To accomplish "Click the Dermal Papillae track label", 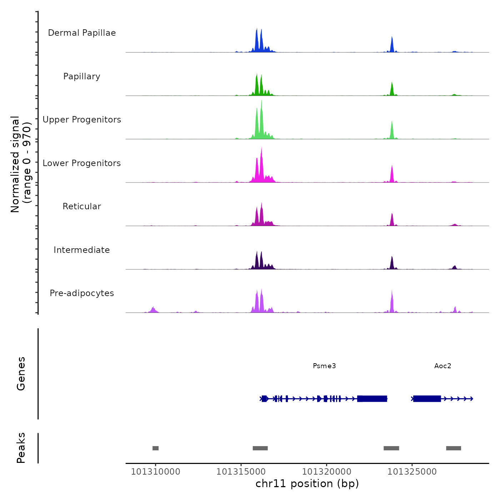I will [x=82, y=33].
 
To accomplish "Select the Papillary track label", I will [x=82, y=76].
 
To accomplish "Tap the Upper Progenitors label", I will [x=82, y=120].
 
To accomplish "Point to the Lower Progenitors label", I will [x=82, y=163].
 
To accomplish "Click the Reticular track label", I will [x=82, y=206].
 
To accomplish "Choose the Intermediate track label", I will [x=82, y=250].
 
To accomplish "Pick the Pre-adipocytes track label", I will [x=82, y=293].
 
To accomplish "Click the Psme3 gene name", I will [x=324, y=366].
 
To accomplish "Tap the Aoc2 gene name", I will [x=442, y=366].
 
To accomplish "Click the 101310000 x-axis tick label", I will [x=155, y=472].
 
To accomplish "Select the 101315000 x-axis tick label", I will [x=241, y=472].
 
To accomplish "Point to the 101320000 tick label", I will [x=326, y=472].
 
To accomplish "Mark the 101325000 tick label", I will [x=412, y=472].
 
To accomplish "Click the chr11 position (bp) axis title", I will [x=307, y=484].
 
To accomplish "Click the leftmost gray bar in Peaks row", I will [x=155, y=448].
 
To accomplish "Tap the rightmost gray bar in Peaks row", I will [x=454, y=448].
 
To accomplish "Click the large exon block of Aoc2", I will [x=427, y=399].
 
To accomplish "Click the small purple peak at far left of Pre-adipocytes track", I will [x=153, y=309].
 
